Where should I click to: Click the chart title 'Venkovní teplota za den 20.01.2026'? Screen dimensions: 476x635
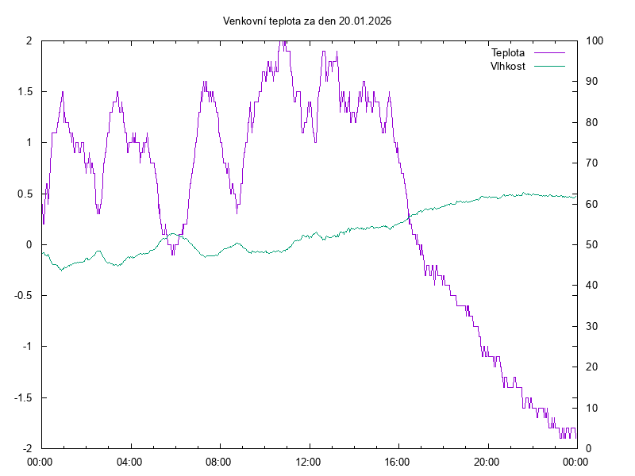pyautogui.click(x=307, y=21)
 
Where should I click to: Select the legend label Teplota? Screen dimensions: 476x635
pyautogui.click(x=508, y=53)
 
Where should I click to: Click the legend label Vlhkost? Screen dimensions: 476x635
pyautogui.click(x=508, y=66)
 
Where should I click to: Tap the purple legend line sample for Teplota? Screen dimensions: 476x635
pyautogui.click(x=548, y=53)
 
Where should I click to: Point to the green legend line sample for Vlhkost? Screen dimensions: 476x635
pyautogui.click(x=548, y=66)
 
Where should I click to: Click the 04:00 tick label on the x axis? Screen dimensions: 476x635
pyautogui.click(x=129, y=460)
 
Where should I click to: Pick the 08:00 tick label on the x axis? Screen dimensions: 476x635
pyautogui.click(x=219, y=460)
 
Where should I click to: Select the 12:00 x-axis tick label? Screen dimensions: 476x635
pyautogui.click(x=308, y=460)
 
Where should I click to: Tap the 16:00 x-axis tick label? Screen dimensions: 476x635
pyautogui.click(x=398, y=460)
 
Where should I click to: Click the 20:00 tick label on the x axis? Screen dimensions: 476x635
pyautogui.click(x=487, y=460)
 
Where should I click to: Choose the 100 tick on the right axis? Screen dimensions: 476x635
pyautogui.click(x=595, y=41)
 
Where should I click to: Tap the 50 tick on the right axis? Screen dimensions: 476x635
pyautogui.click(x=592, y=245)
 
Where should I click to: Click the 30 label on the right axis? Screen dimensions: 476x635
pyautogui.click(x=592, y=326)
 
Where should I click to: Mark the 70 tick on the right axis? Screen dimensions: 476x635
pyautogui.click(x=592, y=163)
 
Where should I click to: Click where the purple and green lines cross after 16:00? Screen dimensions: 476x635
pyautogui.click(x=410, y=217)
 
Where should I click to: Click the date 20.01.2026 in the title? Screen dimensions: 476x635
pyautogui.click(x=365, y=21)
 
